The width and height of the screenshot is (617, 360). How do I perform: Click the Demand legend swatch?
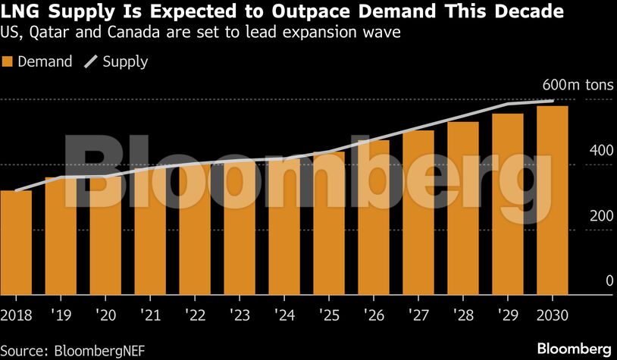(x=9, y=62)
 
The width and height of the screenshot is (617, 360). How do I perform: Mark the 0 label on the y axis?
(x=587, y=281)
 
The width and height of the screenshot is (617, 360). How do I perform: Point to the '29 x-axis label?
(x=508, y=314)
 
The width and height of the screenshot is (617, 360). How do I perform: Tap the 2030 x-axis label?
(x=553, y=314)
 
